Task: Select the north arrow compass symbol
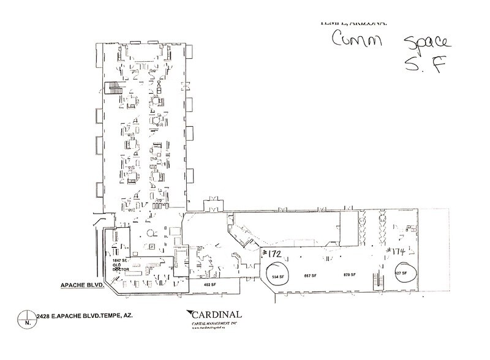[27, 319]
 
